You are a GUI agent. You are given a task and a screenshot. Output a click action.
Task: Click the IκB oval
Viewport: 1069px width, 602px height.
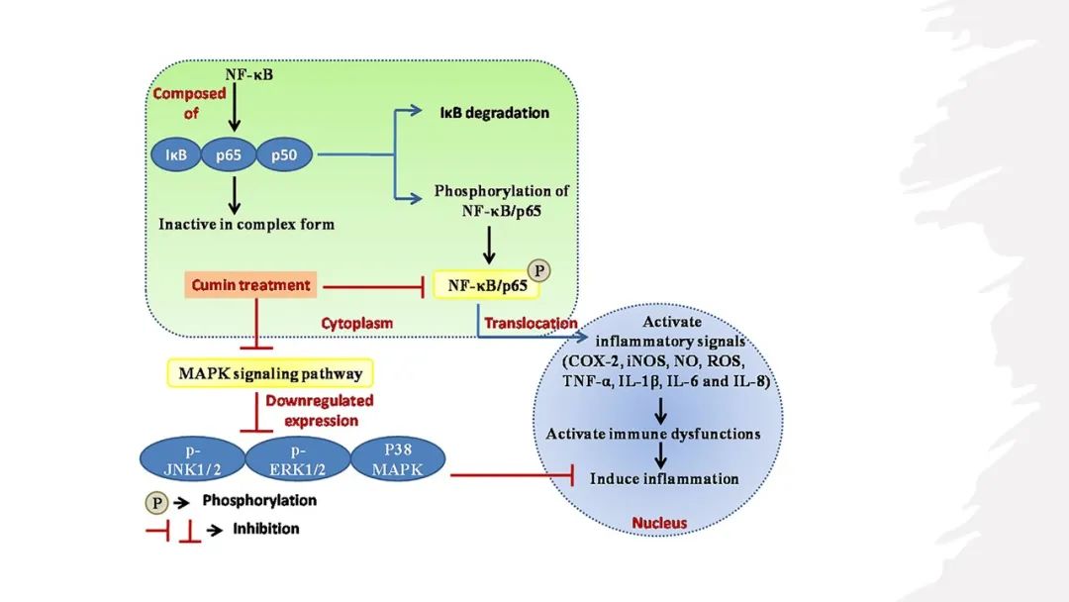[x=176, y=154]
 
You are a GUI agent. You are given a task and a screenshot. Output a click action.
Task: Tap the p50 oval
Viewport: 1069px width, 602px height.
[x=285, y=154]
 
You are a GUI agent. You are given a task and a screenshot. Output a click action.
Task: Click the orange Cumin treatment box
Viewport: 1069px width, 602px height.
[x=252, y=285]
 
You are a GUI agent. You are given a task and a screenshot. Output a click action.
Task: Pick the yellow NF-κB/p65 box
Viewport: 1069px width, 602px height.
[x=485, y=286]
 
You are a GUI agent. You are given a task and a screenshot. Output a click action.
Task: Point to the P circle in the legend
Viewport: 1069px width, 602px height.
[x=157, y=502]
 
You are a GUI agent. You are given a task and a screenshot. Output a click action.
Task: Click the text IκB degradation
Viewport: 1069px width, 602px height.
[x=494, y=113]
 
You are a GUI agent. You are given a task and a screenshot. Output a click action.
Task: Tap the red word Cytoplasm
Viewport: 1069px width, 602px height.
[x=357, y=323]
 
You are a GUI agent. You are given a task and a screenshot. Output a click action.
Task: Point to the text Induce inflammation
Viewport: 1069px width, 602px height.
[x=664, y=478]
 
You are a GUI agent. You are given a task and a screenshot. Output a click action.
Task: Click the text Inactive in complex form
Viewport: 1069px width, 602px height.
[x=246, y=224]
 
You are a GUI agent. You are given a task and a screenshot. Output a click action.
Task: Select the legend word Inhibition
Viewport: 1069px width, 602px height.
[x=265, y=529]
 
